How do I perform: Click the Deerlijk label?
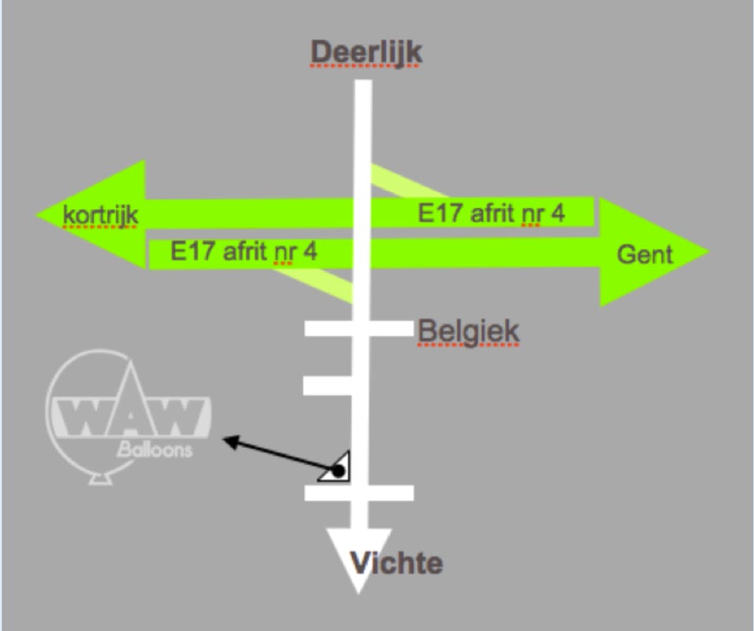pyautogui.click(x=367, y=53)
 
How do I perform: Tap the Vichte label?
pyautogui.click(x=397, y=563)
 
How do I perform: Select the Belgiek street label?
pyautogui.click(x=468, y=330)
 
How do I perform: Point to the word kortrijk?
pyautogui.click(x=101, y=214)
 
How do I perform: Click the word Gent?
pyautogui.click(x=645, y=253)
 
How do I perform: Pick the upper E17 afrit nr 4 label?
pyautogui.click(x=491, y=213)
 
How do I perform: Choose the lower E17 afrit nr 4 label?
pyautogui.click(x=244, y=252)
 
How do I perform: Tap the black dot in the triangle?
pyautogui.click(x=338, y=471)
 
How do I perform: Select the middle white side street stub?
pyautogui.click(x=327, y=385)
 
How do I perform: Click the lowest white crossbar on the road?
pyautogui.click(x=358, y=493)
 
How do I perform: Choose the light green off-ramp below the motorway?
pyautogui.click(x=322, y=282)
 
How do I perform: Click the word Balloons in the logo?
pyautogui.click(x=155, y=450)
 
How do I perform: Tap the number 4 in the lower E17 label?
pyautogui.click(x=311, y=252)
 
